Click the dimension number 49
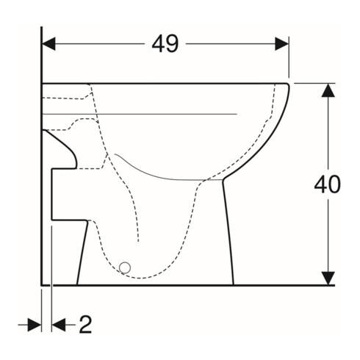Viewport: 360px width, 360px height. click(x=165, y=44)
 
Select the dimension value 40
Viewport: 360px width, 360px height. click(x=327, y=184)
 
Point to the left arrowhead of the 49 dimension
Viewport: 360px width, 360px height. click(x=48, y=44)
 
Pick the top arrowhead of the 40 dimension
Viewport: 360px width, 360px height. click(x=327, y=90)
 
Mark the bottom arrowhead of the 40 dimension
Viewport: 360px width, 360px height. click(x=327, y=278)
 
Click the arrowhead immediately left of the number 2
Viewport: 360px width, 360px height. click(x=60, y=324)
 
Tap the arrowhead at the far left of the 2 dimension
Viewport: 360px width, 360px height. click(x=34, y=324)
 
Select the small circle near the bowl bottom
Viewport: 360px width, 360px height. click(x=124, y=268)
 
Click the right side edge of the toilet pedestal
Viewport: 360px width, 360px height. click(x=229, y=235)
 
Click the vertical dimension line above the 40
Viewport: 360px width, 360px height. click(x=327, y=132)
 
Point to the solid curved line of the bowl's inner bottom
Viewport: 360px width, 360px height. click(x=169, y=176)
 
